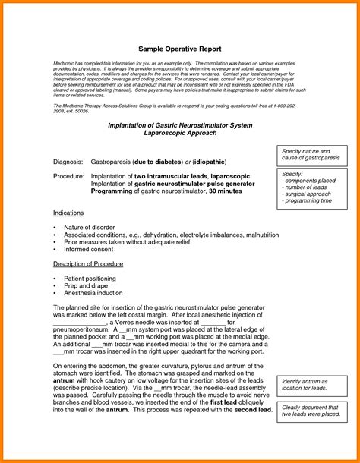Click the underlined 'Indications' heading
click(69, 213)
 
